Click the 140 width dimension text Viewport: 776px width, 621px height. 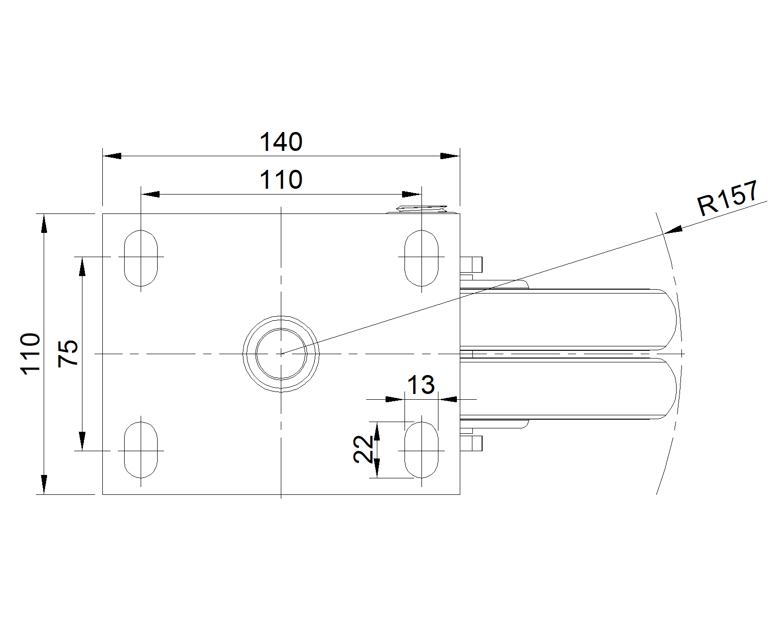point(281,142)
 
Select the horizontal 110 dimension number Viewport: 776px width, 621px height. point(281,180)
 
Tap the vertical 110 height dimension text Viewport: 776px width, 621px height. point(31,353)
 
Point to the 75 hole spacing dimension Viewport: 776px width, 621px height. point(68,353)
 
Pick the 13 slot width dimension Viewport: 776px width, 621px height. point(420,386)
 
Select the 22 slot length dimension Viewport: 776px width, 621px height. point(363,449)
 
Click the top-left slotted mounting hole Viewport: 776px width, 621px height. point(141,258)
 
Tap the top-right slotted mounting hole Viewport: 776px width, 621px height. point(421,258)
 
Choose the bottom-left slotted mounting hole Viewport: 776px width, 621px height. point(141,450)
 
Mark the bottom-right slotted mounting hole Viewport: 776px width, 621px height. point(421,450)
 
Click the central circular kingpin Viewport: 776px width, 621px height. point(281,354)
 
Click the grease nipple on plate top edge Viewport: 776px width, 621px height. point(421,210)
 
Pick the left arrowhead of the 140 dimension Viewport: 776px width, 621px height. point(112,156)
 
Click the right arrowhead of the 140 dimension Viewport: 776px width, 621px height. point(450,156)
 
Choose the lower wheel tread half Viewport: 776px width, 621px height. point(567,388)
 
